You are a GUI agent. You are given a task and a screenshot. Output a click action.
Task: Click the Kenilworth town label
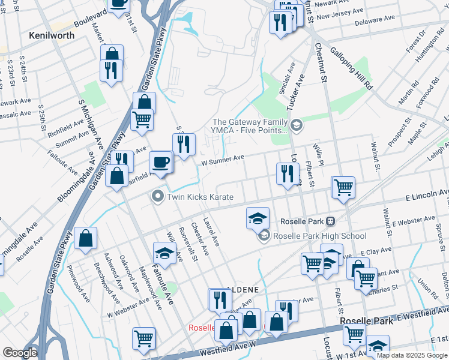point(52,35)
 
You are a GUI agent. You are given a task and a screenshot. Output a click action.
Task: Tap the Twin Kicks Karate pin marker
point(158,196)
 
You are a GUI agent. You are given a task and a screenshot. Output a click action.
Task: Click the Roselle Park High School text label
point(319,236)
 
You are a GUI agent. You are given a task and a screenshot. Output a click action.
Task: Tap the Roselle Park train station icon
point(330,221)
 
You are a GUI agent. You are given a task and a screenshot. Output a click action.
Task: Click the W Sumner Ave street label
point(222,159)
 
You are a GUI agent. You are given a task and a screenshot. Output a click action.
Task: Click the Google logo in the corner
point(20,353)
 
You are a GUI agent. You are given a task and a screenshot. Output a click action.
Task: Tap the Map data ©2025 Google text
point(412,355)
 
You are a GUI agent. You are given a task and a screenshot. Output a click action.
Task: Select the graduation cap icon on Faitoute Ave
point(164,253)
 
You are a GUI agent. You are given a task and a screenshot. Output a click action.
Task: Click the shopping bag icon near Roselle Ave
point(86,238)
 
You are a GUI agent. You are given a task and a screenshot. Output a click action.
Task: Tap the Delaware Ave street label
point(374,20)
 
